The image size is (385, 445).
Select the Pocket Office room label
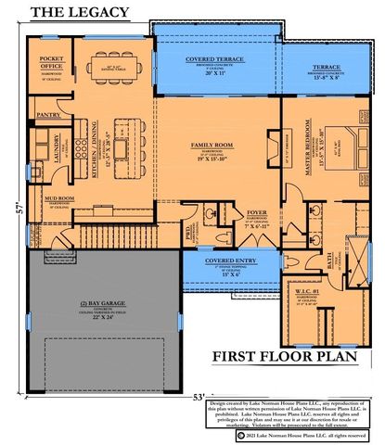50,65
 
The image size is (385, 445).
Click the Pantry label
48,116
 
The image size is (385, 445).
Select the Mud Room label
59,197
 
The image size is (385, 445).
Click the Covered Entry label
226,262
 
